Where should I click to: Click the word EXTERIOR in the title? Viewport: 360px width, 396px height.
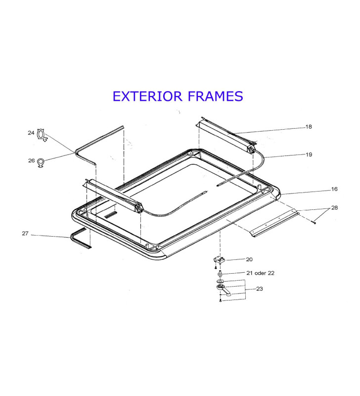click(x=147, y=96)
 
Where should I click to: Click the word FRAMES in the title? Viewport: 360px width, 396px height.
click(x=216, y=96)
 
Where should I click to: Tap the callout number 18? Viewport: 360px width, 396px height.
click(x=309, y=127)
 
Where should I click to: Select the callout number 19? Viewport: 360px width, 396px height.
click(x=309, y=154)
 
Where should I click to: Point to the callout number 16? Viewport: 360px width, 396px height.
click(x=334, y=189)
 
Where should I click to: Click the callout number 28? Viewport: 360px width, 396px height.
click(x=334, y=207)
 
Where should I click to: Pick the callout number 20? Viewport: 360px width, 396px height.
click(x=249, y=259)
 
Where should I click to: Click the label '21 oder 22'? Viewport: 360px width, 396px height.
click(x=260, y=273)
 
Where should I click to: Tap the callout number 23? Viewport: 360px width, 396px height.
click(x=260, y=289)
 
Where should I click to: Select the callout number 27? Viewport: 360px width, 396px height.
click(x=25, y=233)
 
